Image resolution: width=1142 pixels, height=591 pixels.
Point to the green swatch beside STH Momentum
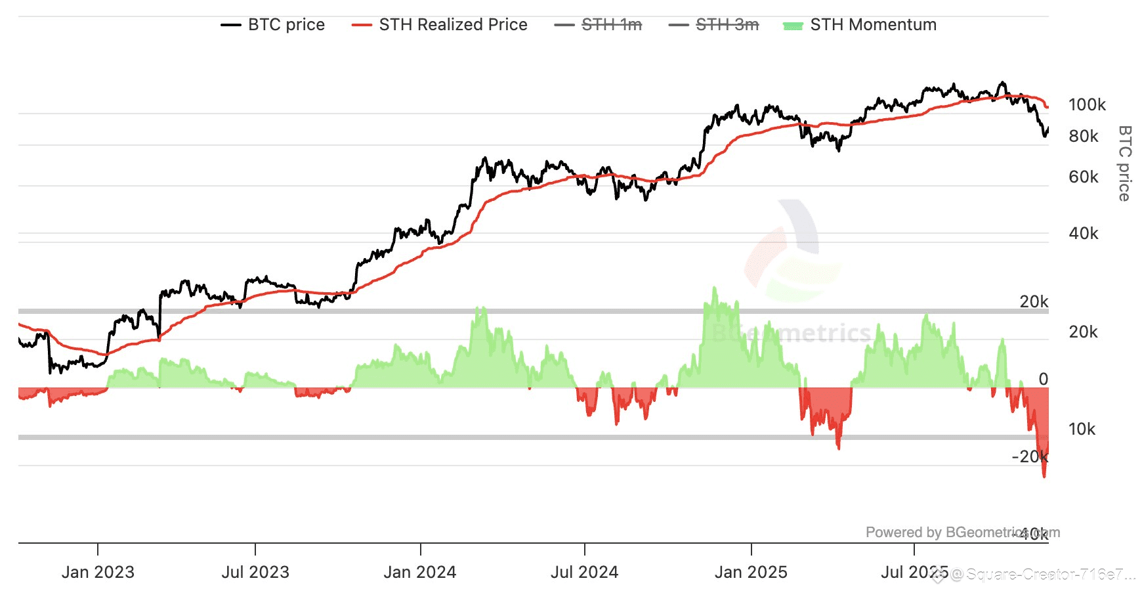pyautogui.click(x=793, y=26)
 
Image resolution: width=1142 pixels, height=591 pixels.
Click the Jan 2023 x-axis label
pyautogui.click(x=98, y=572)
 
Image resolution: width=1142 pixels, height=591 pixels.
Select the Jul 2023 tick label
pyautogui.click(x=255, y=572)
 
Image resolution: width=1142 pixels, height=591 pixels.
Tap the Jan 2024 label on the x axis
pyautogui.click(x=420, y=572)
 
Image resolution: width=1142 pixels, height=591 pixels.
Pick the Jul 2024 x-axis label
pyautogui.click(x=584, y=572)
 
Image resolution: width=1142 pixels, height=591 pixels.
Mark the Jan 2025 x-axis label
pyautogui.click(x=751, y=572)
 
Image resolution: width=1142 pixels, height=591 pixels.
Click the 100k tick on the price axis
pyautogui.click(x=1087, y=105)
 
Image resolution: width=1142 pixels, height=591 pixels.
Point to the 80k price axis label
pyautogui.click(x=1084, y=137)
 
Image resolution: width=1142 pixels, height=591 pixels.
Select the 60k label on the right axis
pyautogui.click(x=1084, y=177)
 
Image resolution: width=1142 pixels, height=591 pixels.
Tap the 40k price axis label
pyautogui.click(x=1084, y=234)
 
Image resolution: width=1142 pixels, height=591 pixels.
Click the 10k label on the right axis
pyautogui.click(x=1082, y=429)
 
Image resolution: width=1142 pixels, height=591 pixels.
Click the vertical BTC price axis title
pyautogui.click(x=1124, y=163)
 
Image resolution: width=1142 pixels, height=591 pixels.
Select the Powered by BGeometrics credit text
pyautogui.click(x=962, y=533)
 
